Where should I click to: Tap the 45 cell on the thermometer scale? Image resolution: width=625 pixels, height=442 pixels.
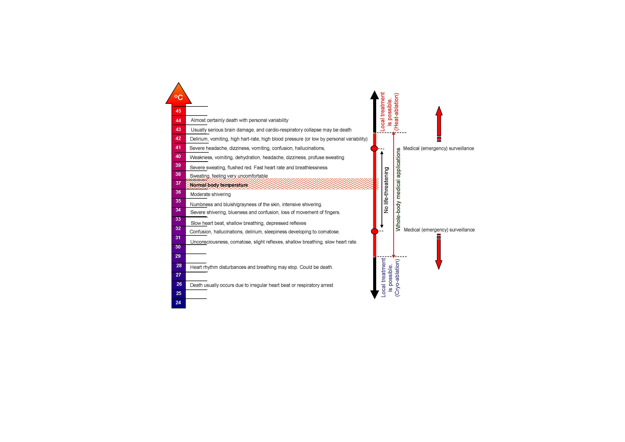click(x=178, y=111)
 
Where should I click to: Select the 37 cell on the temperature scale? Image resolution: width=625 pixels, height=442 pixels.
click(x=178, y=183)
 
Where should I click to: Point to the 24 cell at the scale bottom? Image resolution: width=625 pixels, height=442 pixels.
click(x=178, y=303)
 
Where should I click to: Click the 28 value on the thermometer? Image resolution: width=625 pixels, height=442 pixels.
click(x=179, y=265)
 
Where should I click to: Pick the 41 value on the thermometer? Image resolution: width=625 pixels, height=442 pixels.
click(x=178, y=147)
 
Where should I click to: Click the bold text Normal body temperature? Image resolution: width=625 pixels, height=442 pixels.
click(x=219, y=185)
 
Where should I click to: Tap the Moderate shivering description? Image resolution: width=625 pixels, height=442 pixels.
click(x=210, y=194)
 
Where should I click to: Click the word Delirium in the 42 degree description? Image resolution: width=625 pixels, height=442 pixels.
click(x=199, y=139)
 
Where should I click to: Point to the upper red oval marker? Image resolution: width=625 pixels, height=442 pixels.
click(x=374, y=148)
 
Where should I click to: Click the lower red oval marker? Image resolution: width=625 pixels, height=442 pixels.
click(x=375, y=231)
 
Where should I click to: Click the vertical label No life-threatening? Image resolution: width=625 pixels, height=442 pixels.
click(x=386, y=190)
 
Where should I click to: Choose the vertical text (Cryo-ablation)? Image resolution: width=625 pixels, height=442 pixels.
click(x=397, y=278)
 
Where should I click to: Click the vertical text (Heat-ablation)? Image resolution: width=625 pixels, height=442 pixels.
click(x=396, y=112)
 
